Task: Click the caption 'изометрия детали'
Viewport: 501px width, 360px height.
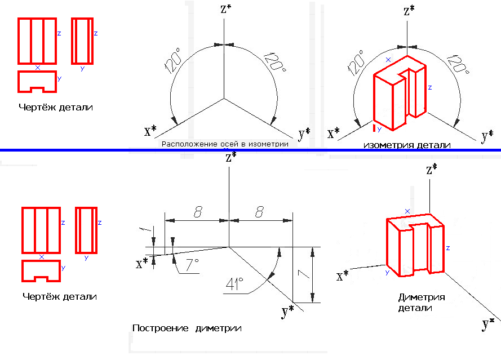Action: [407, 145]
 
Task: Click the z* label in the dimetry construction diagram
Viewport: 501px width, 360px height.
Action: [230, 158]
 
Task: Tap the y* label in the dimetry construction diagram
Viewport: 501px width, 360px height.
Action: [287, 310]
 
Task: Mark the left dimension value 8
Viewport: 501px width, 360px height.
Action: [198, 211]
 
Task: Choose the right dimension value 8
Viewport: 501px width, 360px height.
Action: [260, 211]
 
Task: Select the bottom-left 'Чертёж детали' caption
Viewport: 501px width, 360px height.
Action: [60, 296]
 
